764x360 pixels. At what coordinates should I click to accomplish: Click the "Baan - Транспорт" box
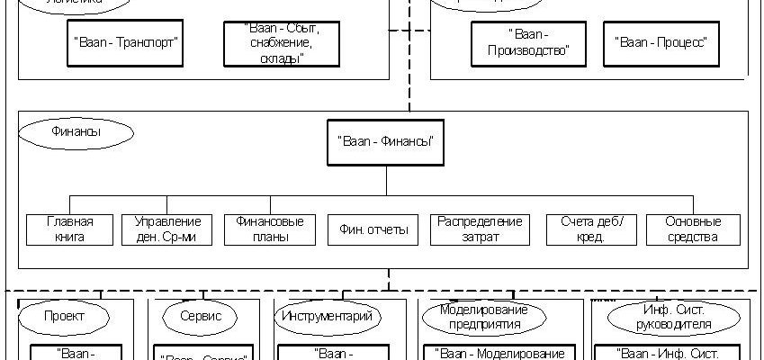point(124,42)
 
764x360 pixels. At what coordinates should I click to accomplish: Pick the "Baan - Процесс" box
point(661,42)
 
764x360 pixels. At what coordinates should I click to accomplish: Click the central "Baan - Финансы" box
point(387,140)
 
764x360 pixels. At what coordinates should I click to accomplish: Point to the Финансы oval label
point(76,132)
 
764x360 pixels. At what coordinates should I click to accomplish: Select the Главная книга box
point(69,229)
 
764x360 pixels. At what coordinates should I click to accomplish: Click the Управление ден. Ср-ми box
point(166,229)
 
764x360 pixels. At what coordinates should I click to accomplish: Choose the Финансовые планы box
point(270,229)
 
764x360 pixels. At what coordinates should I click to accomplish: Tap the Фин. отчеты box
point(373,229)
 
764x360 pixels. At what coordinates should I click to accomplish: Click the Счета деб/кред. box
point(590,229)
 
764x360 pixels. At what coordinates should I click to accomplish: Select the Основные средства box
point(693,229)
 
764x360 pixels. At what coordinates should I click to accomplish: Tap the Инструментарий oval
point(326,317)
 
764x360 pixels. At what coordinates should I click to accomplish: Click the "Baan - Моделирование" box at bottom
point(499,353)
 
